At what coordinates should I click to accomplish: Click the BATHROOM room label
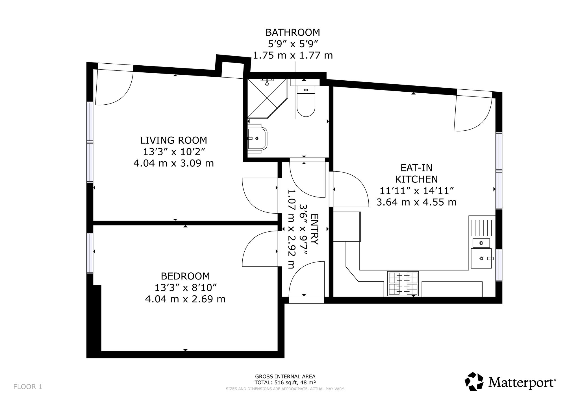pyautogui.click(x=293, y=33)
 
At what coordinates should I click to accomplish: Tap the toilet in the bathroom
pyautogui.click(x=306, y=102)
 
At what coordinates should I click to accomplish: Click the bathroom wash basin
pyautogui.click(x=257, y=138)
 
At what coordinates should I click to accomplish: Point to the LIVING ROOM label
pyautogui.click(x=173, y=140)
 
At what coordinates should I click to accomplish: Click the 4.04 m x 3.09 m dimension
pyautogui.click(x=173, y=163)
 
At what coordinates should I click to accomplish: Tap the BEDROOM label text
pyautogui.click(x=185, y=276)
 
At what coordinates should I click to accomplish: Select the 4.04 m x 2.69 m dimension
pyautogui.click(x=185, y=299)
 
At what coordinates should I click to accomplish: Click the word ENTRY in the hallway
pyautogui.click(x=314, y=229)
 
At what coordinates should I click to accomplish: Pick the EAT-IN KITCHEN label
pyautogui.click(x=416, y=173)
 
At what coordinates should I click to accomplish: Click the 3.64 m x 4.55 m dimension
pyautogui.click(x=416, y=202)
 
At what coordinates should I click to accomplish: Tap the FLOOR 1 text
pyautogui.click(x=28, y=387)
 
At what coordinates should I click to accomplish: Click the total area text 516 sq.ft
pyautogui.click(x=285, y=382)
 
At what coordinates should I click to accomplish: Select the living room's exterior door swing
pyautogui.click(x=113, y=88)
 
